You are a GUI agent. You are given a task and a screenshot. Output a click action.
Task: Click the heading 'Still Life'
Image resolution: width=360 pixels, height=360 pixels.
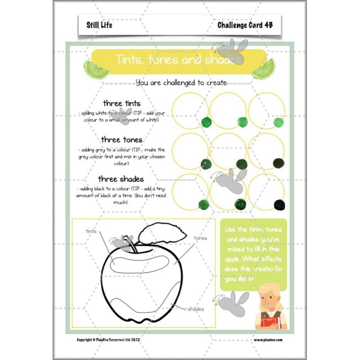[x=99, y=25]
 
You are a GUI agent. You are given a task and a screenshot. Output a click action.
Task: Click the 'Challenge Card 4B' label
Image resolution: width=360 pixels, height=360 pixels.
[x=244, y=25]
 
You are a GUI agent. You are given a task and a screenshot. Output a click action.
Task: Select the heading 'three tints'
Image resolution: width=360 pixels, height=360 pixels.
[x=121, y=103]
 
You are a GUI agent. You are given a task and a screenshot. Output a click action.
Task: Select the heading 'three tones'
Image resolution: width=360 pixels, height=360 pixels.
[x=121, y=139]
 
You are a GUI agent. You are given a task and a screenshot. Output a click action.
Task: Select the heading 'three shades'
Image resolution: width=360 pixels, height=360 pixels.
[x=121, y=179]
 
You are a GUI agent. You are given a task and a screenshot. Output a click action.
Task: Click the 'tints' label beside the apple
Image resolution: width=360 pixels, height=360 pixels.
[x=91, y=231]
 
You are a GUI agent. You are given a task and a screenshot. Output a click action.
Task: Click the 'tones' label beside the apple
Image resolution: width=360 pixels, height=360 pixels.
[x=200, y=238]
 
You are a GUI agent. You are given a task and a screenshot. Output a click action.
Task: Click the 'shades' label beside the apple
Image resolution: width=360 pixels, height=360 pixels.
[x=195, y=309]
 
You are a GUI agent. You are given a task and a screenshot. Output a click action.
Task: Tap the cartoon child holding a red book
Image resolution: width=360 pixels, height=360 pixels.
[x=269, y=306]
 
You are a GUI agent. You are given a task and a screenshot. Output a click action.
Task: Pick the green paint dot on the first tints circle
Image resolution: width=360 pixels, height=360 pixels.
[x=206, y=121]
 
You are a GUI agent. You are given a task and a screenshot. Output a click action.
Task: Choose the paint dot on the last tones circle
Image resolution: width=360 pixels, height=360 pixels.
[x=279, y=163]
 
